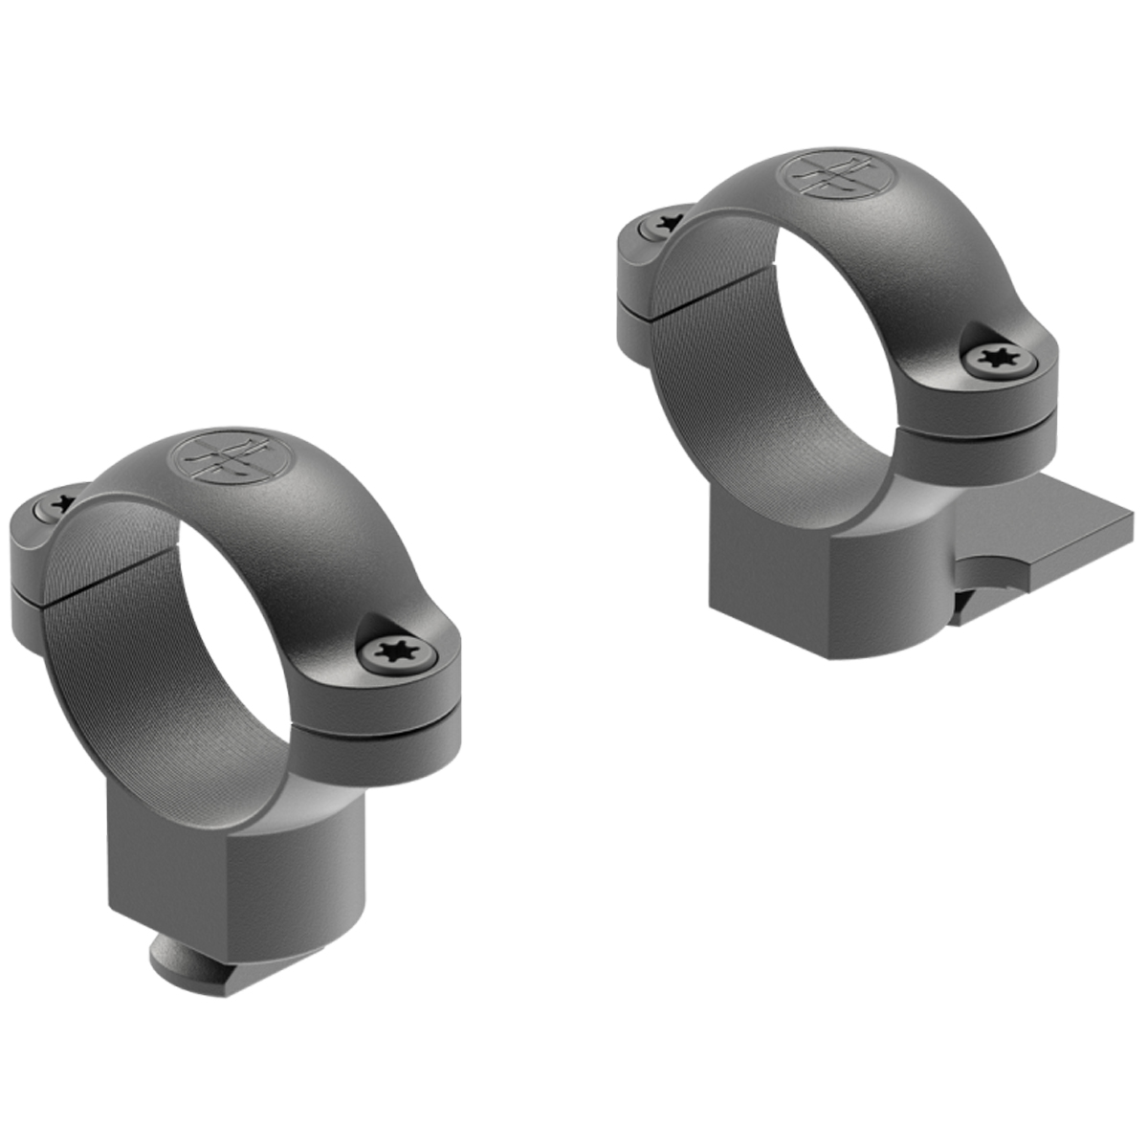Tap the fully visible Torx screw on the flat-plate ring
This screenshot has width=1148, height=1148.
[997, 359]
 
